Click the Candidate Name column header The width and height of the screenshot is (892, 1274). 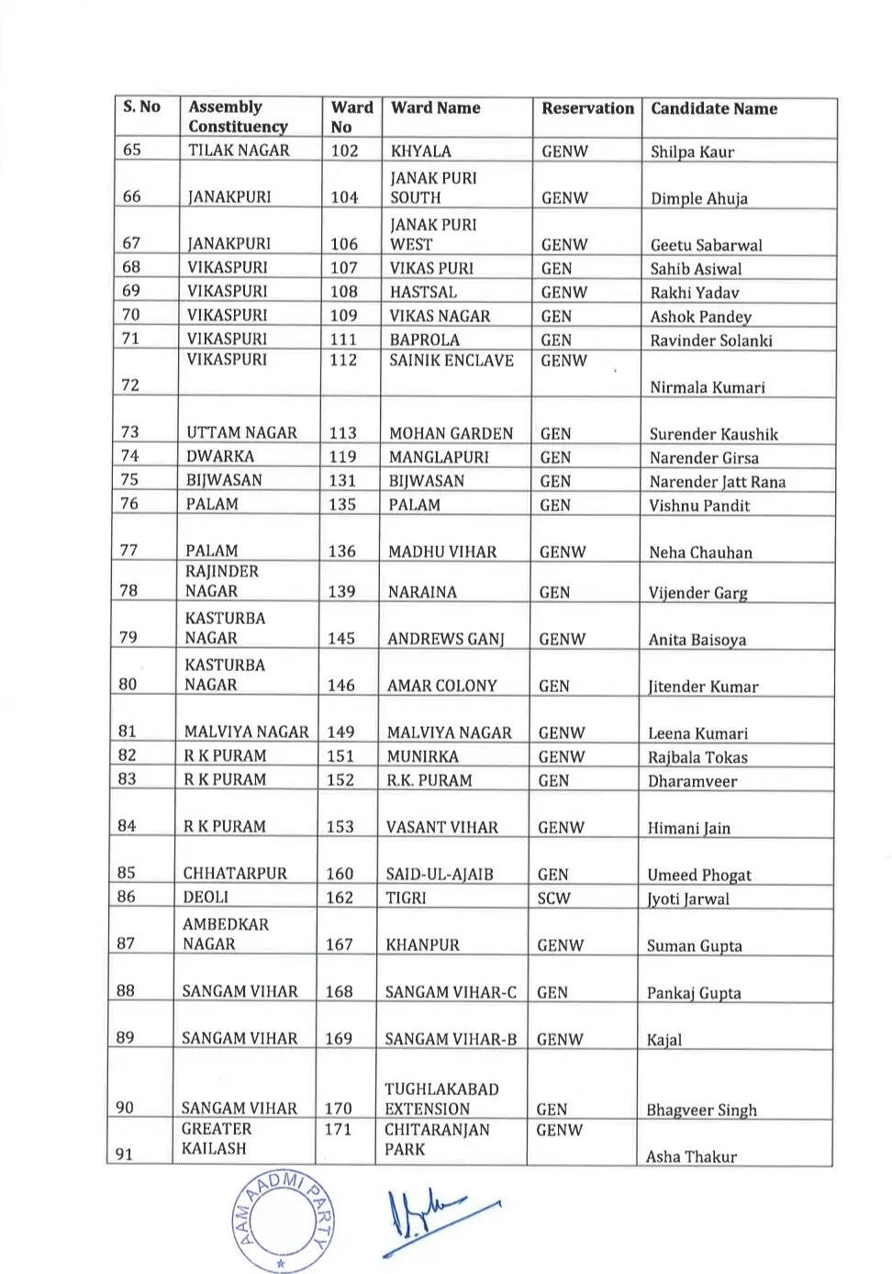(714, 109)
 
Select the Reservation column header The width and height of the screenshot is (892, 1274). (587, 108)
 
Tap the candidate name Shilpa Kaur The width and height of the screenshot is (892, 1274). (692, 151)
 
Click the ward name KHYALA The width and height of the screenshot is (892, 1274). (420, 151)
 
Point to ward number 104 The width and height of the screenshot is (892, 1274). (344, 197)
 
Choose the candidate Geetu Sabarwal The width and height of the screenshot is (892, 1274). (706, 245)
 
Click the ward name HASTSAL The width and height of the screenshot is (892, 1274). (422, 292)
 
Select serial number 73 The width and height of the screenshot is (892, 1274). (130, 432)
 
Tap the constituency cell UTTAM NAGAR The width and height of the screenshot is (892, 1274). (241, 432)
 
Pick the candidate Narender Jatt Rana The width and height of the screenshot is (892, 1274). (717, 482)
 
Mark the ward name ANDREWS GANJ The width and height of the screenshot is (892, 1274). (445, 639)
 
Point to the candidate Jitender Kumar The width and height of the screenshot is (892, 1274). (703, 687)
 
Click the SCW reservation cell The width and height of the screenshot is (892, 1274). (553, 898)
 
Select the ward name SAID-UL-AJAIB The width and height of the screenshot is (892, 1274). (440, 874)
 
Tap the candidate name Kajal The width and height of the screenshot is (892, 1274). (663, 1040)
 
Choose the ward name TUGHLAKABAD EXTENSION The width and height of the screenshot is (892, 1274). (441, 1099)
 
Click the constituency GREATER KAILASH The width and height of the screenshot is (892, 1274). (216, 1138)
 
